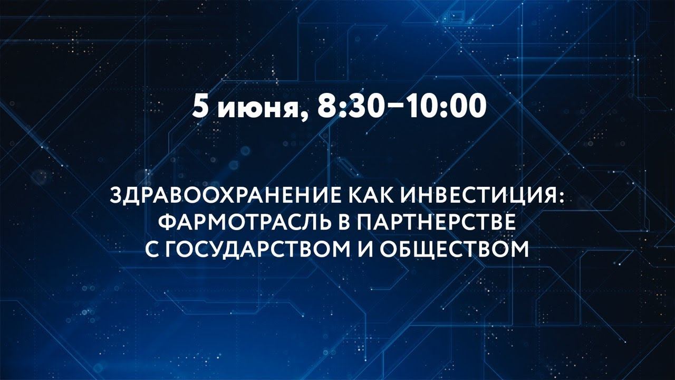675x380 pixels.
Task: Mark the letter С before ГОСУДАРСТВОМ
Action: point(152,248)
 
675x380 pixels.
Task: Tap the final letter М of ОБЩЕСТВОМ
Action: point(520,248)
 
